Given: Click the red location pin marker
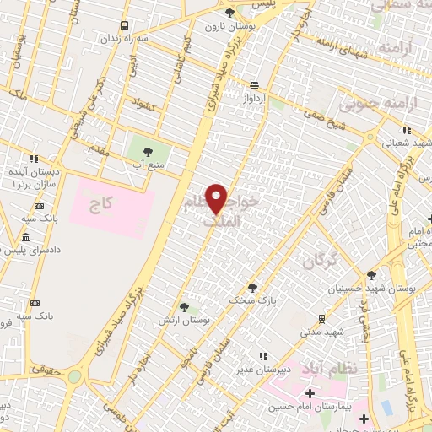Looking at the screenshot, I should pyautogui.click(x=217, y=199).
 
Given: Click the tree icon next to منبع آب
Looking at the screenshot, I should pyautogui.click(x=148, y=152).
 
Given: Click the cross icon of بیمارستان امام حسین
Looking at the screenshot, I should pyautogui.click(x=310, y=394).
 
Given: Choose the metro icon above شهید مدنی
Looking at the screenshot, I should pyautogui.click(x=321, y=318).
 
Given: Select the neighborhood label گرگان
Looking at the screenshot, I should pyautogui.click(x=317, y=260).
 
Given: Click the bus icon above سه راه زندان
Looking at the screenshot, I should pyautogui.click(x=125, y=26).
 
